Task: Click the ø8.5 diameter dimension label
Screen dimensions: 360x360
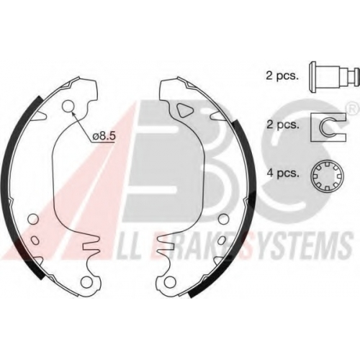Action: click(104, 136)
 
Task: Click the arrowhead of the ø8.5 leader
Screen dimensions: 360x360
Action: click(73, 112)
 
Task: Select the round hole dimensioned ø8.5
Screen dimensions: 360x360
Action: click(68, 106)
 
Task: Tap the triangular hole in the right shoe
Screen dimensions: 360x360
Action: click(185, 110)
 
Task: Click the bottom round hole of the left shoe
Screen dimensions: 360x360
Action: click(86, 282)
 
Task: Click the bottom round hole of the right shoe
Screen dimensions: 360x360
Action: click(170, 282)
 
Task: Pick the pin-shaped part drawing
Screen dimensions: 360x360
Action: click(334, 77)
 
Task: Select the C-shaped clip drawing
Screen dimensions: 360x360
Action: click(328, 127)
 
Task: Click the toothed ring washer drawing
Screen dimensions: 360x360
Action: click(328, 176)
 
